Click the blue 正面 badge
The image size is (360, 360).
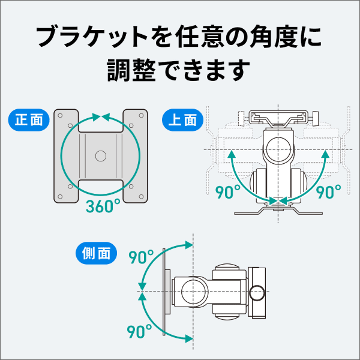click(28, 119)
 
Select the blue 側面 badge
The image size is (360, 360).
click(95, 253)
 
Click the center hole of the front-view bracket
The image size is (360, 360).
click(101, 155)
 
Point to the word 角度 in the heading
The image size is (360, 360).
click(261, 38)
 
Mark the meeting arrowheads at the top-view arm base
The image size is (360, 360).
click(277, 201)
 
